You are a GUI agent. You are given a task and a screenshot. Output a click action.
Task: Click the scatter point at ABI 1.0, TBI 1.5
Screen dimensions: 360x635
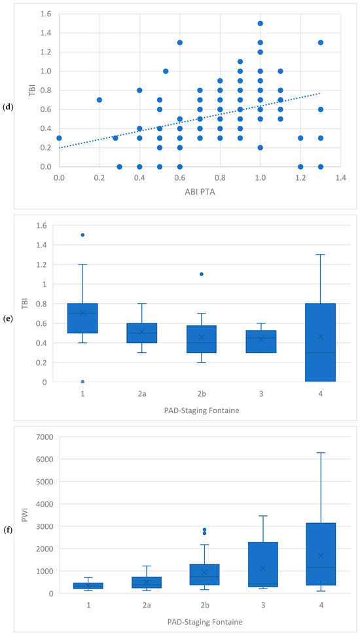[260, 23]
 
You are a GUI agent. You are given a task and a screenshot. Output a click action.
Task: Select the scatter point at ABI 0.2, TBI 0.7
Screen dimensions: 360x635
[99, 100]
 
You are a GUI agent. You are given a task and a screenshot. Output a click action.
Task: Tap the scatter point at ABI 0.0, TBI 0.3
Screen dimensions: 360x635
[59, 137]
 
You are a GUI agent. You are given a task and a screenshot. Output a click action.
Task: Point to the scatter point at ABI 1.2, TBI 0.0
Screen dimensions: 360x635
[300, 166]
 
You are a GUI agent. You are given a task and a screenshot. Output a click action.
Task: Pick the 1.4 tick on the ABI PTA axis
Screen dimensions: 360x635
[340, 177]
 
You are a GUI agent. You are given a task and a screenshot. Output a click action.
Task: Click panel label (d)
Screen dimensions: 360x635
[8, 107]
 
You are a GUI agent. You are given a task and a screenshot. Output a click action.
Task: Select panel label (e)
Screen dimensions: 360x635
[8, 318]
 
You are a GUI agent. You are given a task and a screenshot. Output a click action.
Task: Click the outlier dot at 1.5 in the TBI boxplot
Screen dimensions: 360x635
[82, 235]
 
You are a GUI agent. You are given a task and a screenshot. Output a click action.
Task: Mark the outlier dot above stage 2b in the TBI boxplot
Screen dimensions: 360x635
[202, 274]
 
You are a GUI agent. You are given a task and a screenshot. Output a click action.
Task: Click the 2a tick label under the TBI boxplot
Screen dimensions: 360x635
[142, 393]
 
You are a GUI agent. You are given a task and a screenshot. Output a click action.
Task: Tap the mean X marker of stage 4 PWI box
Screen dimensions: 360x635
[320, 555]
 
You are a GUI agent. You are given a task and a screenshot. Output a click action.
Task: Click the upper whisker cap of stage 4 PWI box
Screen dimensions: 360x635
[320, 453]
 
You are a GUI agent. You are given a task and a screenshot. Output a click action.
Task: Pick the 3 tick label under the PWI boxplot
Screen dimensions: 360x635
[261, 605]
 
